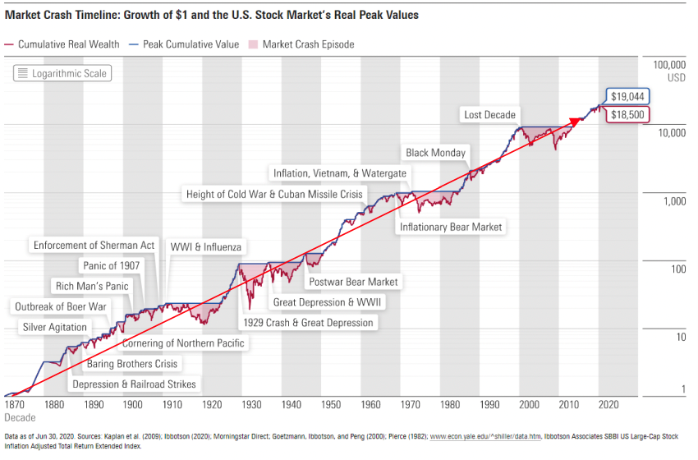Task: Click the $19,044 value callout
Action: pos(627,97)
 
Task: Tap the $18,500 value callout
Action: pos(627,115)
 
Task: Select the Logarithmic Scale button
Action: pos(62,73)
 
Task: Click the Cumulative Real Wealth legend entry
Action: pos(62,44)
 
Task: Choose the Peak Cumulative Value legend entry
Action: pos(184,44)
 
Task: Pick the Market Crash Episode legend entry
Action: pos(301,44)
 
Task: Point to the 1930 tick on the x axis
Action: pos(251,404)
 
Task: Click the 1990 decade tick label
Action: pos(489,404)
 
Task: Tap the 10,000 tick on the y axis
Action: pos(672,133)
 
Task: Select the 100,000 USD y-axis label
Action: pos(669,71)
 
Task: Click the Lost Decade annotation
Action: pos(489,115)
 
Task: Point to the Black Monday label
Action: pos(435,153)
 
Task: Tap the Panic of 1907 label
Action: pos(112,266)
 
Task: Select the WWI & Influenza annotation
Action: pos(205,247)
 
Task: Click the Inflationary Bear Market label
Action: pos(451,227)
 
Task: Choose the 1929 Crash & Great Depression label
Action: pos(308,323)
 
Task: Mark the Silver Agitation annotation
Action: pos(55,327)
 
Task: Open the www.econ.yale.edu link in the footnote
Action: pos(485,436)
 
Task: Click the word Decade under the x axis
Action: pos(20,417)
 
